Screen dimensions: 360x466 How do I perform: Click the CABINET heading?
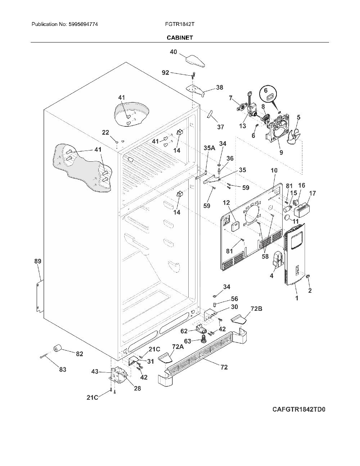180,38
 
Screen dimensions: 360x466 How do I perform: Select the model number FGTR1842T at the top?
180,24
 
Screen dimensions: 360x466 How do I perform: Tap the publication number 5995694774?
84,24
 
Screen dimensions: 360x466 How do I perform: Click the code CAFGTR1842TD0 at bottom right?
299,409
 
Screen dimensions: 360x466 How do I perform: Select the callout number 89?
38,261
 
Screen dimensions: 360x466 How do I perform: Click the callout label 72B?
256,309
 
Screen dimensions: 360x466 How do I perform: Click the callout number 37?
220,127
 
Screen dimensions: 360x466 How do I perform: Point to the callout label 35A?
210,148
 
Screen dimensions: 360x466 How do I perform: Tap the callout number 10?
274,170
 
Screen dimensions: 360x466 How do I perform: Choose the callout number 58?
265,256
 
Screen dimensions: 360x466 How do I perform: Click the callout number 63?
188,341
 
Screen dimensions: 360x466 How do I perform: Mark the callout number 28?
138,388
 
